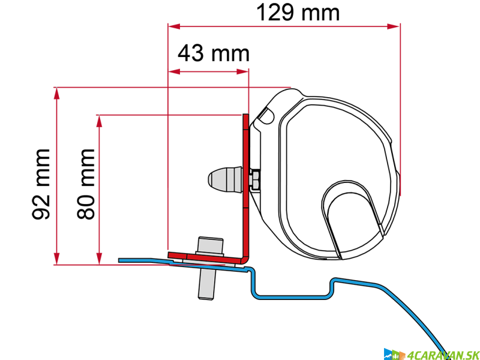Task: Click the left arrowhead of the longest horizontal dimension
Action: coord(174,26)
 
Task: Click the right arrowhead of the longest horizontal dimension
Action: coord(394,26)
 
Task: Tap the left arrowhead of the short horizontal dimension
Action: coord(174,71)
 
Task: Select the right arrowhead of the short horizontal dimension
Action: coord(242,71)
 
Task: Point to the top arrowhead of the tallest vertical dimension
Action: coord(56,93)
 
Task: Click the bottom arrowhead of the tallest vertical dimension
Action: coord(56,258)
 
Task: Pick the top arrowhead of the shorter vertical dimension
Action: coord(99,121)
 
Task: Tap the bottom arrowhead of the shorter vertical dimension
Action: coord(99,258)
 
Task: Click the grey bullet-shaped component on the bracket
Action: coord(226,179)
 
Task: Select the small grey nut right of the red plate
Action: coord(255,180)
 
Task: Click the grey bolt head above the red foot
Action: coord(210,245)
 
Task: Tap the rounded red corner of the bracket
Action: coord(244,260)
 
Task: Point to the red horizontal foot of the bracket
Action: coord(204,258)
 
